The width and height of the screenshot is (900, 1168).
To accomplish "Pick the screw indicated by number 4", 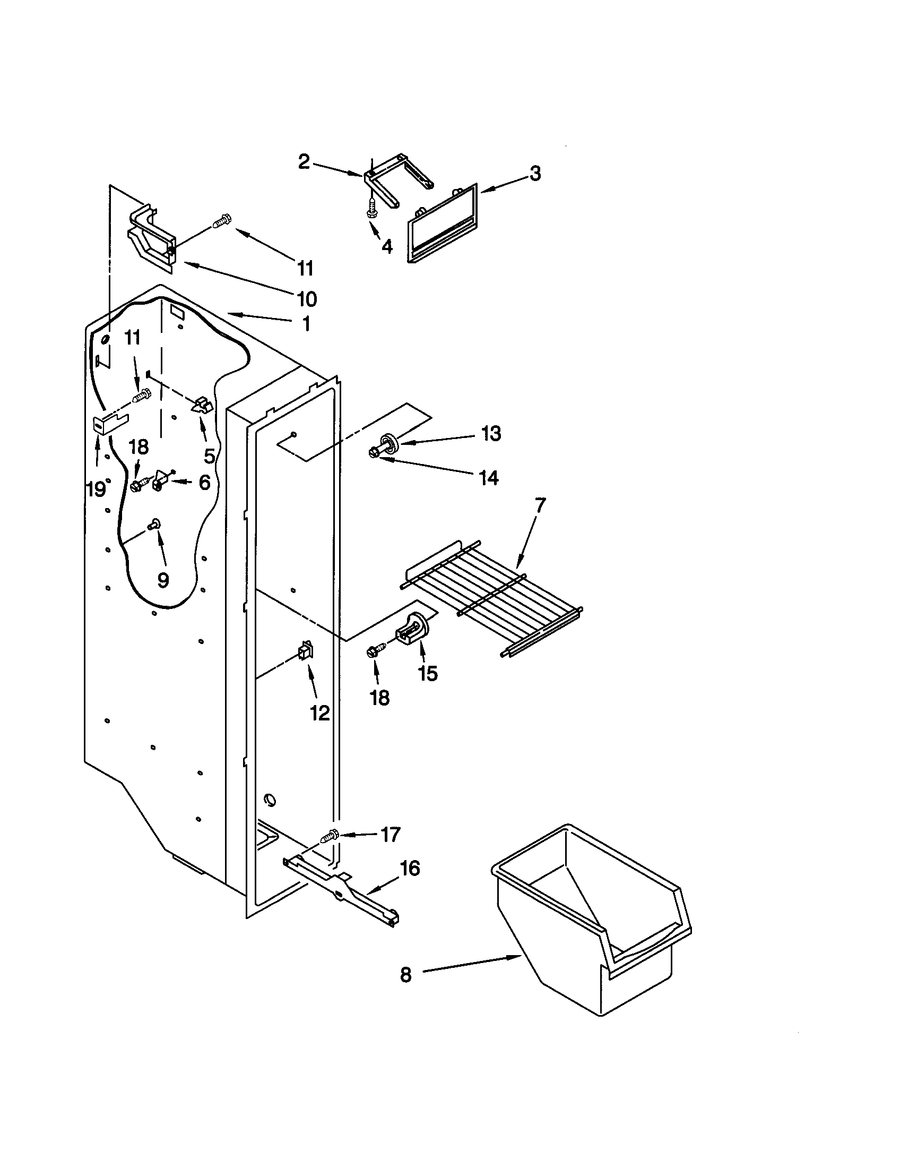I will (370, 208).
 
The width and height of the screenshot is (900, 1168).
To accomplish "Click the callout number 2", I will (304, 161).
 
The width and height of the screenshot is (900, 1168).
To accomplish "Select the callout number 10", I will (307, 299).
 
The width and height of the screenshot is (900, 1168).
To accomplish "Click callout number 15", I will (428, 673).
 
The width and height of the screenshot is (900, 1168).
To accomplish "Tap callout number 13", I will (491, 433).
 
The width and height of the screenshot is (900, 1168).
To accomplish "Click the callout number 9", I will (163, 580).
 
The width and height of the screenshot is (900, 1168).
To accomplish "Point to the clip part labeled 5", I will (202, 406).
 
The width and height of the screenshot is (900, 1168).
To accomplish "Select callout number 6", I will (205, 483).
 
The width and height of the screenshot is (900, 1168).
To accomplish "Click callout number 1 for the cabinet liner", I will (307, 324).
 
